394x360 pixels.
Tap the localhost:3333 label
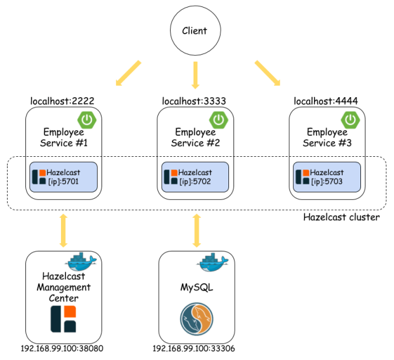[x=194, y=100]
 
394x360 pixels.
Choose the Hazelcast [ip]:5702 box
[x=195, y=177]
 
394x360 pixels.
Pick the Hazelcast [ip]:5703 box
[x=327, y=177]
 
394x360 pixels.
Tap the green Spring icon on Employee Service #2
[x=219, y=119]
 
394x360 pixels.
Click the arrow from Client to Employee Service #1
[x=129, y=72]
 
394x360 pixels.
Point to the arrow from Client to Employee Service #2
[x=195, y=76]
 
